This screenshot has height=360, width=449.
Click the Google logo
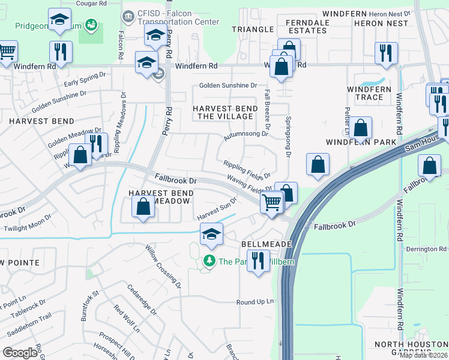[x=20, y=353]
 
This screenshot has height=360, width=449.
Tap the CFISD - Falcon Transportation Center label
[x=170, y=17]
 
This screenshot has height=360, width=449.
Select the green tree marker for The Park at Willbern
[x=209, y=261]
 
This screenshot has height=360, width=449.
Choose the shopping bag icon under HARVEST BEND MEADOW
[x=143, y=208]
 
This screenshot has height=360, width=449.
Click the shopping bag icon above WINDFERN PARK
[x=360, y=127]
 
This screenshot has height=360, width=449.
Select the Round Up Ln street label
[x=255, y=302]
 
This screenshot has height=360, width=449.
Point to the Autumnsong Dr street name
[x=246, y=135]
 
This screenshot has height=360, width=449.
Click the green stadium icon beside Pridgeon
[x=91, y=25]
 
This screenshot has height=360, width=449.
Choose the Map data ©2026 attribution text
[x=424, y=355]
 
